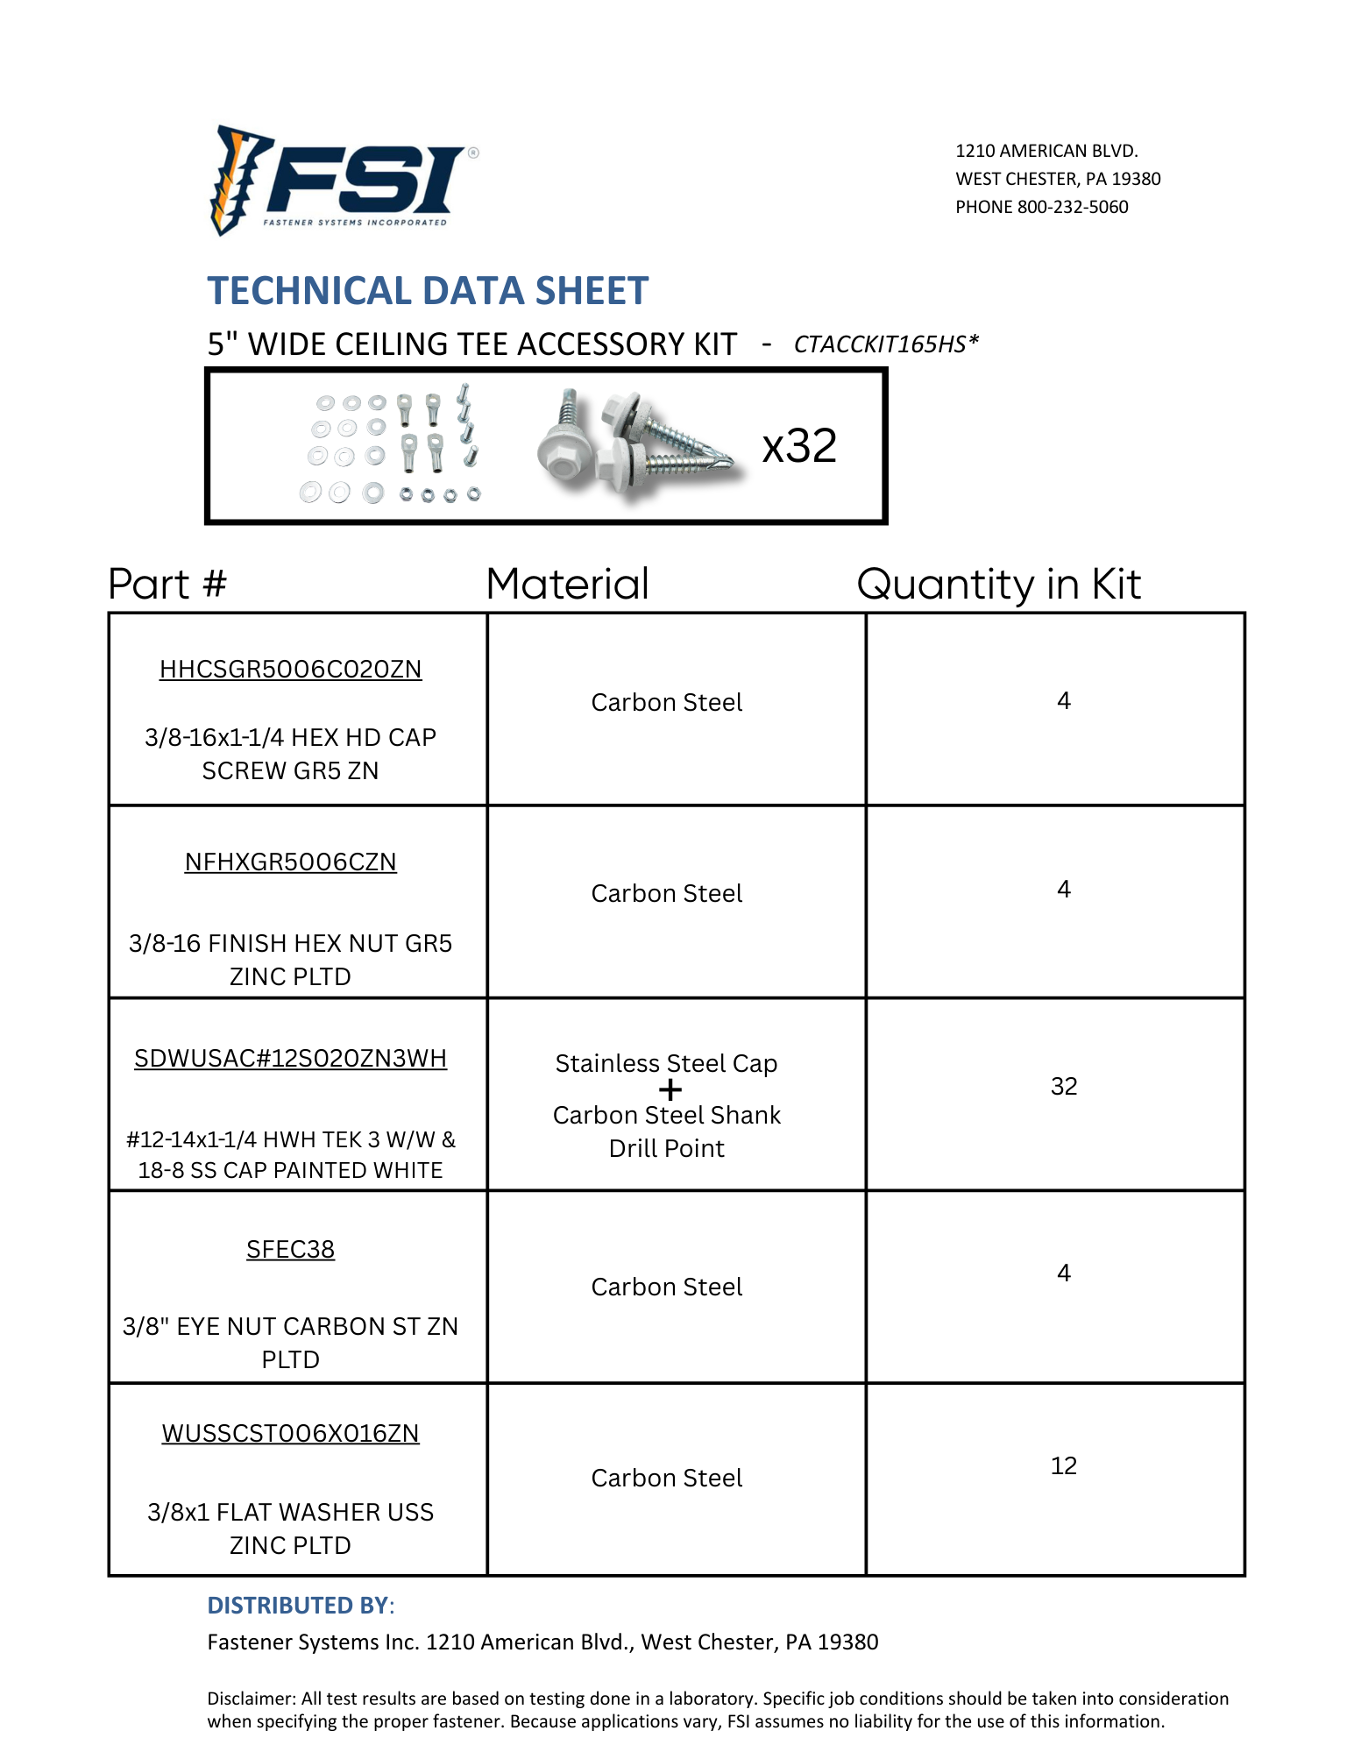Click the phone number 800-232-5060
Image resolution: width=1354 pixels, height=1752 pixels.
1072,208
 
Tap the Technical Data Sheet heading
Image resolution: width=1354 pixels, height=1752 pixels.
428,291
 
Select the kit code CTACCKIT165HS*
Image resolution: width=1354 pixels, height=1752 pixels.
885,344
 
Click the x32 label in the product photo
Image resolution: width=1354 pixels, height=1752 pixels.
799,446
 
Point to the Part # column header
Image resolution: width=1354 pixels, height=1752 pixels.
167,585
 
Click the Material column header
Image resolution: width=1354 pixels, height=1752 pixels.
568,585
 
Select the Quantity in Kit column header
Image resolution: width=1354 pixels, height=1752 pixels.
998,585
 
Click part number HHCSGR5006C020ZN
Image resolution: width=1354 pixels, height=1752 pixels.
290,670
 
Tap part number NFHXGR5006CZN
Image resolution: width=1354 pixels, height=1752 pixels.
290,862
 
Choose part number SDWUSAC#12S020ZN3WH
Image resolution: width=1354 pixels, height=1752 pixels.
290,1059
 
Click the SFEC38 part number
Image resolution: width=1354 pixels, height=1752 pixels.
290,1250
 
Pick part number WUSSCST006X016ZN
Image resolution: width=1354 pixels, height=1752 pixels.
290,1434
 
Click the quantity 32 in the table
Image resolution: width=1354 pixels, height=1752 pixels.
1063,1087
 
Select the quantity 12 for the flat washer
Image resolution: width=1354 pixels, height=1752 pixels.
1063,1466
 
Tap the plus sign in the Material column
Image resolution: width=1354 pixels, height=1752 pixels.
670,1090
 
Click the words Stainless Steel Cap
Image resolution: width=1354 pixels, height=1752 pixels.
666,1064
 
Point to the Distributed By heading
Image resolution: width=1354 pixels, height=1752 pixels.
301,1606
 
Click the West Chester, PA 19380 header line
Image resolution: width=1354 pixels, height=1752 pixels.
1058,180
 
